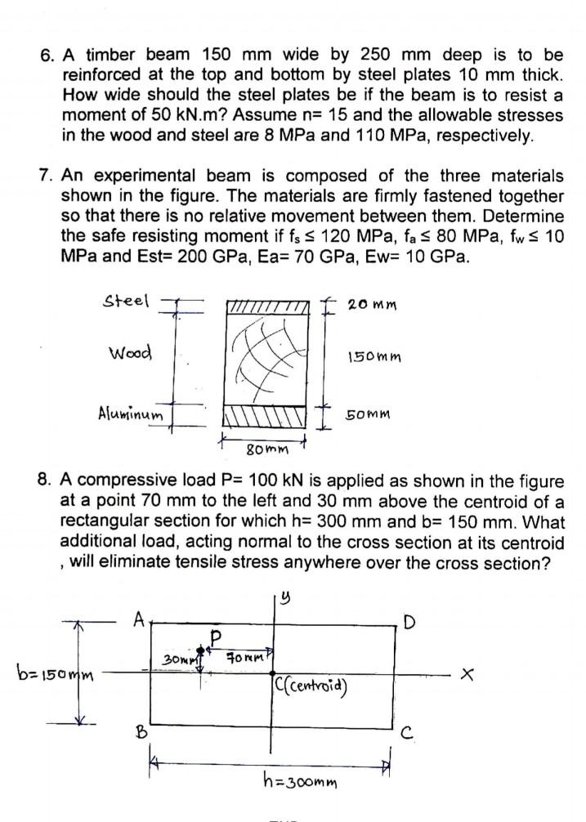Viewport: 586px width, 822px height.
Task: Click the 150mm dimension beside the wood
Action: tap(373, 358)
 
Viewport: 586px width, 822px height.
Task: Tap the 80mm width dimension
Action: tap(265, 449)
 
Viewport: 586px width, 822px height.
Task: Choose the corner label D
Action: tap(409, 624)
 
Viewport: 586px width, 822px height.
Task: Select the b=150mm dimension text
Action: tap(49, 675)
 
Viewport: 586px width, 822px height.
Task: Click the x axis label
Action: tap(468, 675)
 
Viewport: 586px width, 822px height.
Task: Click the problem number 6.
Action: tap(46, 56)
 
